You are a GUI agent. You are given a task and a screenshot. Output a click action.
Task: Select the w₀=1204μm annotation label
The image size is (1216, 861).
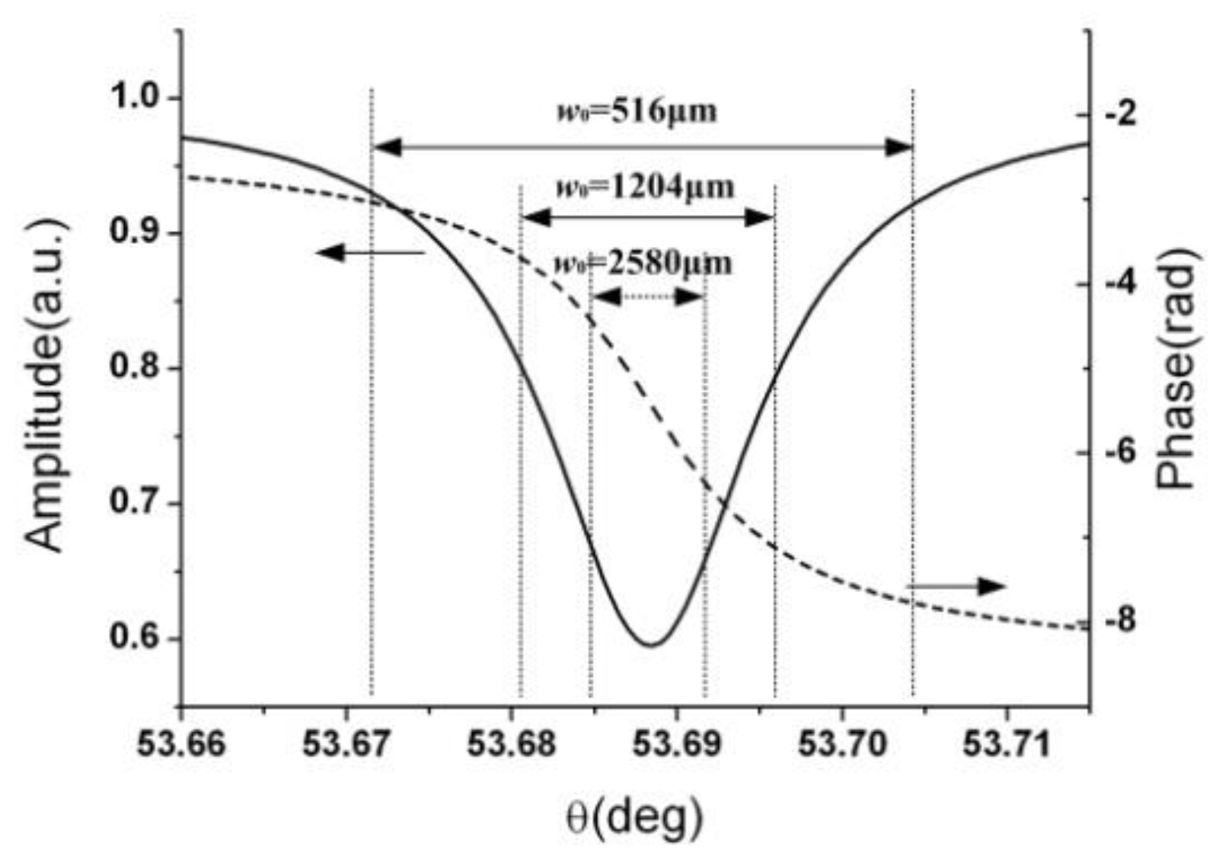[644, 187]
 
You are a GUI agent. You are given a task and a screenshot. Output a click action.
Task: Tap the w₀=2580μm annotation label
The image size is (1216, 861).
[642, 264]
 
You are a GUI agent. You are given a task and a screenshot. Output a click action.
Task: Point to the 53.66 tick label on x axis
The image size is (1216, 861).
[181, 744]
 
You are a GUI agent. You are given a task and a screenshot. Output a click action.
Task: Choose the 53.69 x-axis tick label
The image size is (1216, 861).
[677, 744]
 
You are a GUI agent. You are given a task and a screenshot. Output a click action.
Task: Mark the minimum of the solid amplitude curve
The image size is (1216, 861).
[650, 645]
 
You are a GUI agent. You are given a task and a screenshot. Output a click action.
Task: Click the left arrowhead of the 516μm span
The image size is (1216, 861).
[386, 148]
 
